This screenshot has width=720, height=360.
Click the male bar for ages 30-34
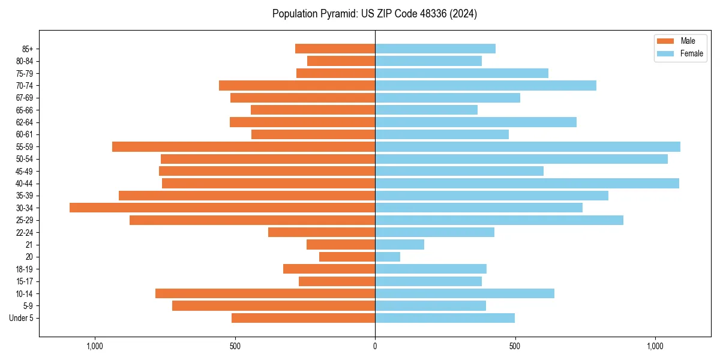pyautogui.click(x=222, y=208)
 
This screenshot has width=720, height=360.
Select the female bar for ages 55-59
pyautogui.click(x=527, y=147)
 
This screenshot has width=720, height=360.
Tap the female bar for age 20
pyautogui.click(x=388, y=257)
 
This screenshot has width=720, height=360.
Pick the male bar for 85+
pyautogui.click(x=335, y=49)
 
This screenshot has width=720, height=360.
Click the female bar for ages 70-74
pyautogui.click(x=485, y=86)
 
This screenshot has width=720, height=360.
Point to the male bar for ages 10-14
pyautogui.click(x=265, y=293)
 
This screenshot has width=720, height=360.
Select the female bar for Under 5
pyautogui.click(x=445, y=318)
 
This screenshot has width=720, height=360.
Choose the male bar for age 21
pyautogui.click(x=341, y=245)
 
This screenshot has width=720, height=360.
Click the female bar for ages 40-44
pyautogui.click(x=527, y=183)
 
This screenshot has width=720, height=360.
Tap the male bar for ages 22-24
pyautogui.click(x=322, y=232)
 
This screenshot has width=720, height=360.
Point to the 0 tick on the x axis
pyautogui.click(x=375, y=346)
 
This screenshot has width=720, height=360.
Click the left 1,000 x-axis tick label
pyautogui.click(x=95, y=346)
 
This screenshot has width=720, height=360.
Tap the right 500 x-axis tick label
pyautogui.click(x=515, y=346)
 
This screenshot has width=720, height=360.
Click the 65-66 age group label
pyautogui.click(x=25, y=110)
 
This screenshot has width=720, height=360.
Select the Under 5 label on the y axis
pyautogui.click(x=21, y=318)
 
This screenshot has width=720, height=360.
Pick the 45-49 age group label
pyautogui.click(x=25, y=172)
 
